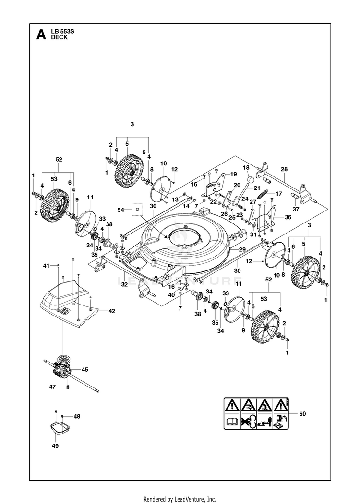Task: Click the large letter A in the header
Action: (x=41, y=35)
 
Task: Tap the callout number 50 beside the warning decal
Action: (x=302, y=414)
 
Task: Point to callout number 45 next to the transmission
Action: (x=84, y=370)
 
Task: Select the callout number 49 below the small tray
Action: (x=55, y=446)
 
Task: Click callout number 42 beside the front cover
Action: (x=112, y=311)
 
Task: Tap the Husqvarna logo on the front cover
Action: (x=66, y=311)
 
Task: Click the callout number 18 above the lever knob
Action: (x=246, y=167)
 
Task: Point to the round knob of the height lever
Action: (x=251, y=178)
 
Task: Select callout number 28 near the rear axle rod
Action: (x=284, y=169)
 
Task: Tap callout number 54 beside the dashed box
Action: (x=120, y=210)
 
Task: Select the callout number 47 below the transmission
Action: (x=52, y=387)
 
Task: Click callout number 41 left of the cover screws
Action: (x=47, y=266)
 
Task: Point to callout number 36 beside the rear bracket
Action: (x=288, y=217)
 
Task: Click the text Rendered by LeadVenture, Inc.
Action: (x=180, y=499)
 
